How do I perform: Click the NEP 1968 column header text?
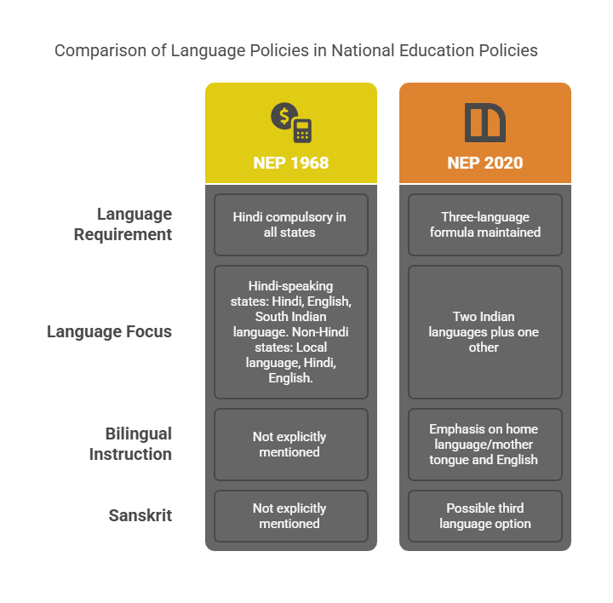point(291,163)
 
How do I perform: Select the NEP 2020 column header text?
point(484,163)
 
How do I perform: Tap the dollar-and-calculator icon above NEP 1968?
point(291,123)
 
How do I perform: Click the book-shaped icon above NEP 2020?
point(484,123)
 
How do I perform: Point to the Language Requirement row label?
point(123,224)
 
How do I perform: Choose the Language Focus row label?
point(109,331)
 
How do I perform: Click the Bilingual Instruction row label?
point(130,444)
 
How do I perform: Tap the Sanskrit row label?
point(140,515)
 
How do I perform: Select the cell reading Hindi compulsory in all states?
point(291,225)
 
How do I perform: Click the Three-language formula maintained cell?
point(484,225)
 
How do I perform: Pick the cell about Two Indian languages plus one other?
point(484,332)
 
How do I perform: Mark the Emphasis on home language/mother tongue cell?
point(484,445)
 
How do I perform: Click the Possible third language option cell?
point(484,516)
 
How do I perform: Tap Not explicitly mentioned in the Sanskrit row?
point(291,516)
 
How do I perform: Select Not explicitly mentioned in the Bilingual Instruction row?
point(291,445)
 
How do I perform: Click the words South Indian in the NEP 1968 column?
point(290,316)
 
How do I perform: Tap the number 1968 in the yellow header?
point(309,163)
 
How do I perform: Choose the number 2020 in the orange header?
point(503,163)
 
